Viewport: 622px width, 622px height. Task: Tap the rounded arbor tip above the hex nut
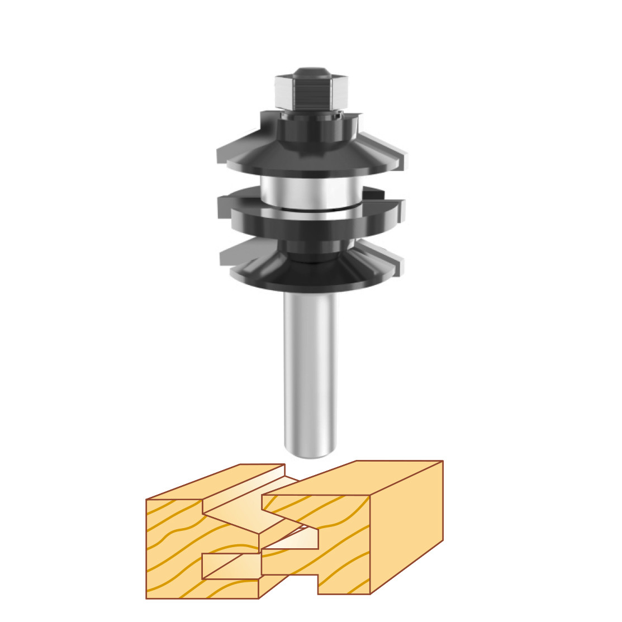[x=311, y=72]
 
